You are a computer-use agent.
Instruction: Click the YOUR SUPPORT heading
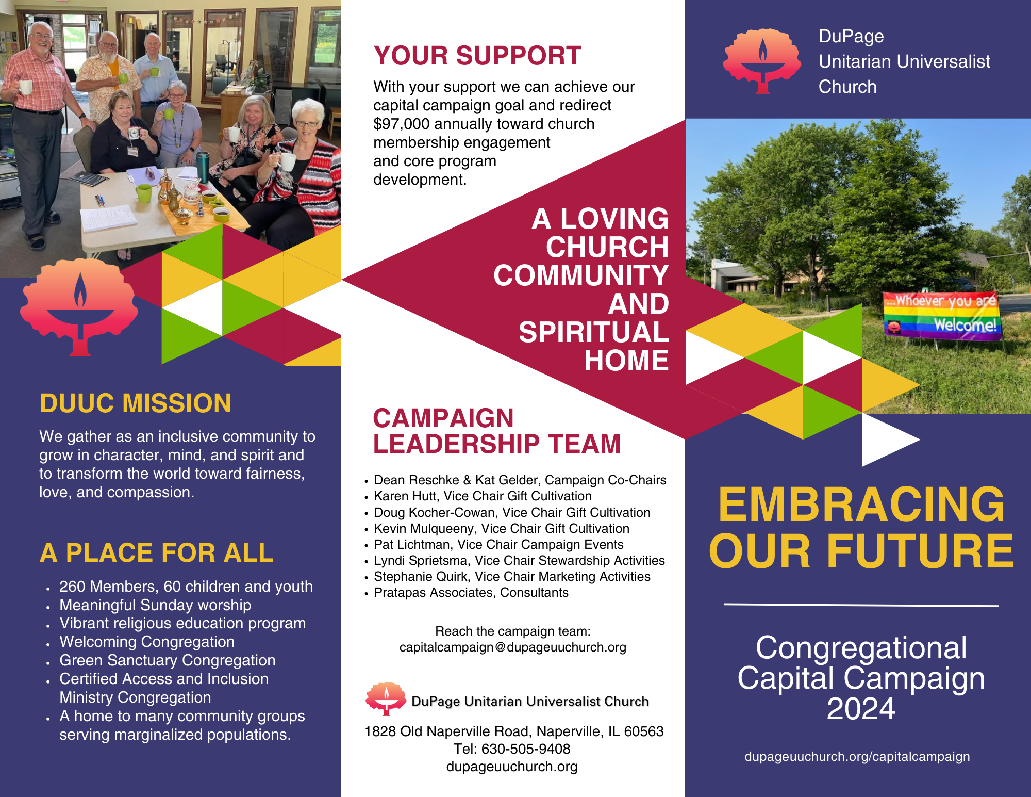477,56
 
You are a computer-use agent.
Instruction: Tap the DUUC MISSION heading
136,403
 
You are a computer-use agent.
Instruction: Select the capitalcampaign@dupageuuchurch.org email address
512,647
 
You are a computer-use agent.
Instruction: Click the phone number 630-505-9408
526,749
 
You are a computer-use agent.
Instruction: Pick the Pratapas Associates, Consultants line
471,593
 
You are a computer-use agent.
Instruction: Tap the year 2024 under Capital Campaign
861,709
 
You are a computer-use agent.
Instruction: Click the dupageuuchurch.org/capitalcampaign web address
857,757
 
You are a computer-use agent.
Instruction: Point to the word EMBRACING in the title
861,505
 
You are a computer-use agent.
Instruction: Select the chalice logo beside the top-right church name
762,61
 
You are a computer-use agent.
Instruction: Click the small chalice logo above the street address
386,698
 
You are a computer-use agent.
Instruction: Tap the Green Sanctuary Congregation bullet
167,660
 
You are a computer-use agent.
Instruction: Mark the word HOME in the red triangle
626,360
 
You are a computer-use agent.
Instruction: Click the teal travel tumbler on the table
203,166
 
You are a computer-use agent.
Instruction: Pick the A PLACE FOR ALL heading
156,553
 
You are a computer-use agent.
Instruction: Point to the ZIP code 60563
644,731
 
